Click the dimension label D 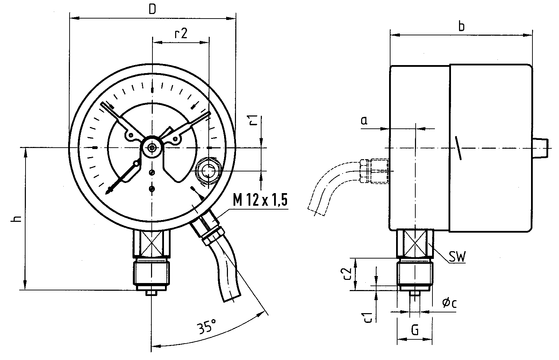pyautogui.click(x=152, y=9)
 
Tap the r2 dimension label pyautogui.click(x=181, y=34)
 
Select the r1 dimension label pyautogui.click(x=253, y=120)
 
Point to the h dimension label pyautogui.click(x=16, y=218)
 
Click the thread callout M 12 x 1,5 pyautogui.click(x=260, y=200)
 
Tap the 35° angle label pyautogui.click(x=207, y=326)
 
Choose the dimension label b pyautogui.click(x=461, y=26)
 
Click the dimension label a pyautogui.click(x=364, y=121)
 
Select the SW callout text pyautogui.click(x=457, y=256)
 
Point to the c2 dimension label pyautogui.click(x=347, y=274)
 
